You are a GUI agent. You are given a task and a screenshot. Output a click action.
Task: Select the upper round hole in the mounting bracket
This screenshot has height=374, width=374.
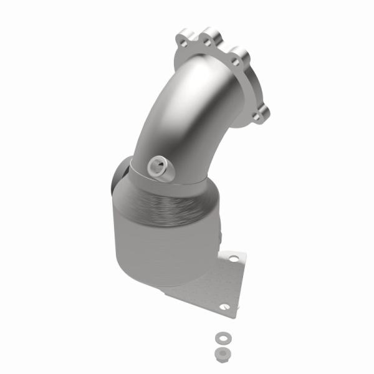pyautogui.click(x=233, y=257)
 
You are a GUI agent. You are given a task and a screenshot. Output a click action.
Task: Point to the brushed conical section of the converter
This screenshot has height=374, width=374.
pyautogui.click(x=175, y=203)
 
